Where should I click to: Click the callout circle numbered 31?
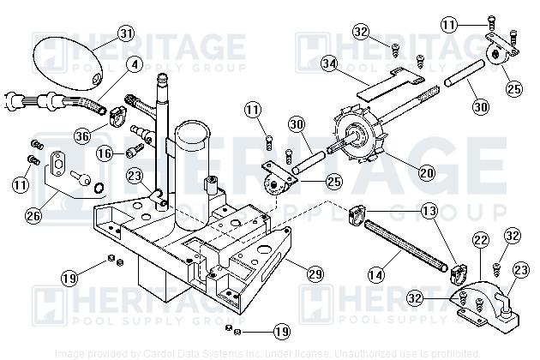126,34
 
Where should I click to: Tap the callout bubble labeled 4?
134,63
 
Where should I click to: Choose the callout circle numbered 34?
329,63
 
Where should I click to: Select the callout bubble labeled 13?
429,211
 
